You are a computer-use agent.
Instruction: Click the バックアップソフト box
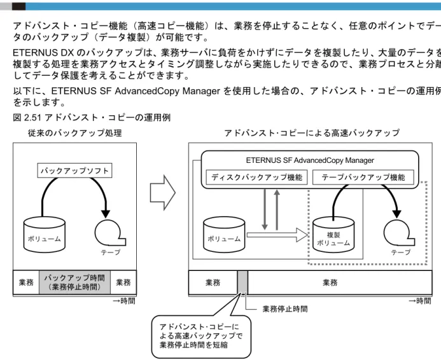74,170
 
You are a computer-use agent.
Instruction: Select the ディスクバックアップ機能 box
256,177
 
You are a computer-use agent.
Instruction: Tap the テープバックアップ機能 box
363,177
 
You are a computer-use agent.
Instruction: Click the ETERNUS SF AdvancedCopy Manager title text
310,160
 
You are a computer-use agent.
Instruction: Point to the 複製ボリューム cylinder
333,235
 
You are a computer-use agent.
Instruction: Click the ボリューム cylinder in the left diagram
45,235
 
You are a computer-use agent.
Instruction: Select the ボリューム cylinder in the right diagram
224,235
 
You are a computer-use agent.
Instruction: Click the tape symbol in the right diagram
398,233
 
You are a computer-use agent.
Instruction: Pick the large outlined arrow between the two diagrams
163,193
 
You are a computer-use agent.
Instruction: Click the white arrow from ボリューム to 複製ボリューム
277,235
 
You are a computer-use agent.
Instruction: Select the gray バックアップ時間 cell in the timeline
74,282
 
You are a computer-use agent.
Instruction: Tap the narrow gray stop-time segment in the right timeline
242,282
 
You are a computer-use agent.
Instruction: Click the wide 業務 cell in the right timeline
339,282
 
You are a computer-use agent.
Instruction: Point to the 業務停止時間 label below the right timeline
285,309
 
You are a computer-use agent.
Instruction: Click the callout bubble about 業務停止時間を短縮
201,336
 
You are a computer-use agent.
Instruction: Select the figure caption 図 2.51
92,118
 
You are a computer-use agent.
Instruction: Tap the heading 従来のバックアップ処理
75,133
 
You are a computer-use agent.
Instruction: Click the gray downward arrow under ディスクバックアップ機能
264,209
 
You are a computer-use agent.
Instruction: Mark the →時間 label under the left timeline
124,301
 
